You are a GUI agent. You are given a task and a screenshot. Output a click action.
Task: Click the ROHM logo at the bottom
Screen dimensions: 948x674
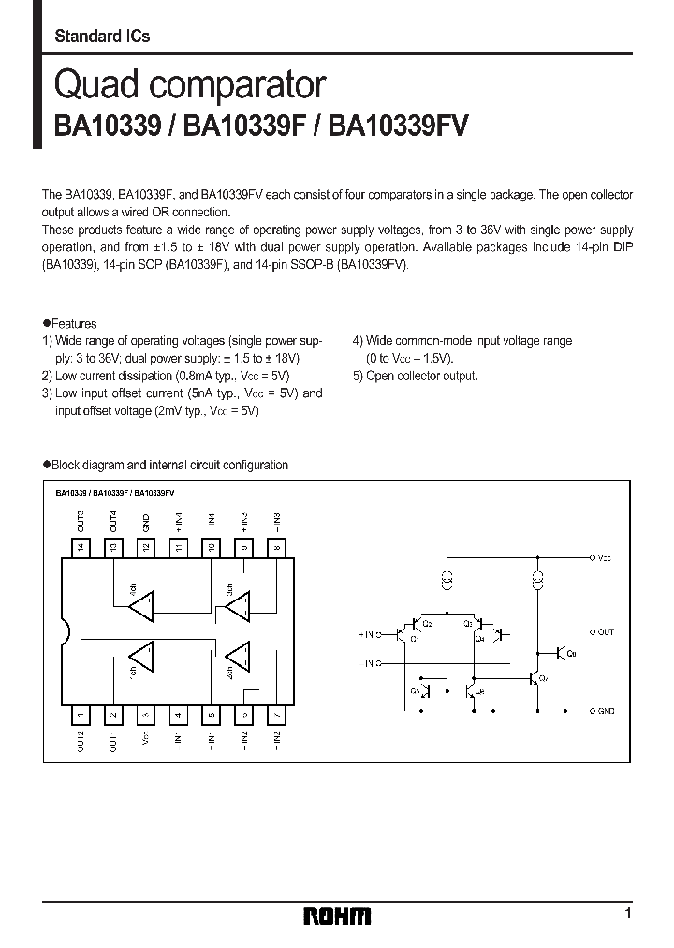click(338, 915)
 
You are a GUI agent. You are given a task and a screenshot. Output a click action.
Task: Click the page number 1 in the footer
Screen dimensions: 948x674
click(627, 912)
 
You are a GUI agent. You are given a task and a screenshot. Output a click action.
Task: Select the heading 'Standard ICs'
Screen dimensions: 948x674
click(102, 36)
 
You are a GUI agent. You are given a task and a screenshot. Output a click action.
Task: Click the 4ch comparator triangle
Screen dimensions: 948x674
click(141, 605)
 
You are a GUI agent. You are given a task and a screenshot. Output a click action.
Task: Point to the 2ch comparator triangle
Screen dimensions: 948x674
click(238, 657)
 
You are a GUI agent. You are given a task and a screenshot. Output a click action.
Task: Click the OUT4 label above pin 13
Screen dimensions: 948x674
click(113, 522)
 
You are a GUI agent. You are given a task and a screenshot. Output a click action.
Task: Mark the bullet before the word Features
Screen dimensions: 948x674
click(46, 323)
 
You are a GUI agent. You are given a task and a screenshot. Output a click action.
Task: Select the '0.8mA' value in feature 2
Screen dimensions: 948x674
click(192, 376)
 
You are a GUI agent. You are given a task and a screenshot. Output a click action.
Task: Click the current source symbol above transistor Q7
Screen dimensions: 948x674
click(537, 579)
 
